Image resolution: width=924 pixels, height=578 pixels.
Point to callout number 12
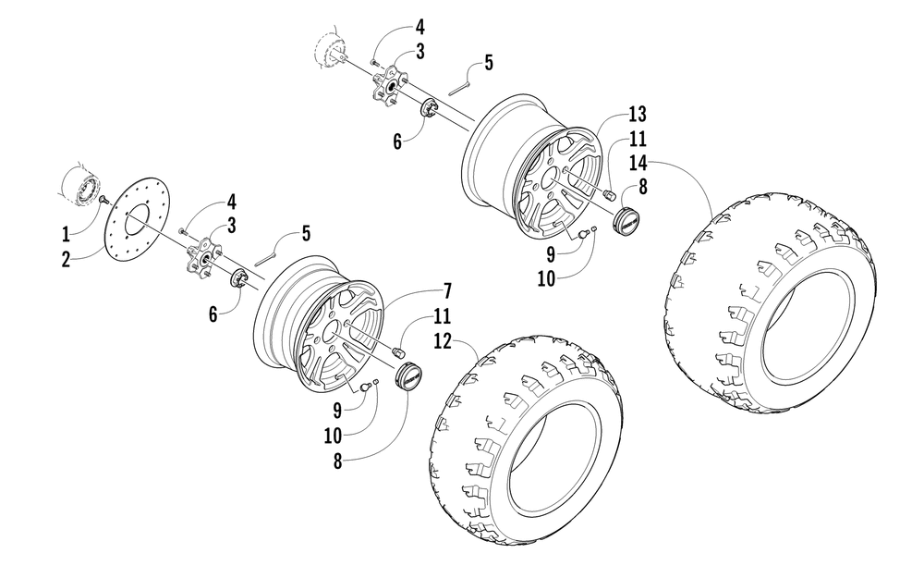(442, 342)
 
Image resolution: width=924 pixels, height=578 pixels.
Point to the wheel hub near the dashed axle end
(392, 86)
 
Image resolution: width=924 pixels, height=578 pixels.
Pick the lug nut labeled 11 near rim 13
(610, 196)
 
